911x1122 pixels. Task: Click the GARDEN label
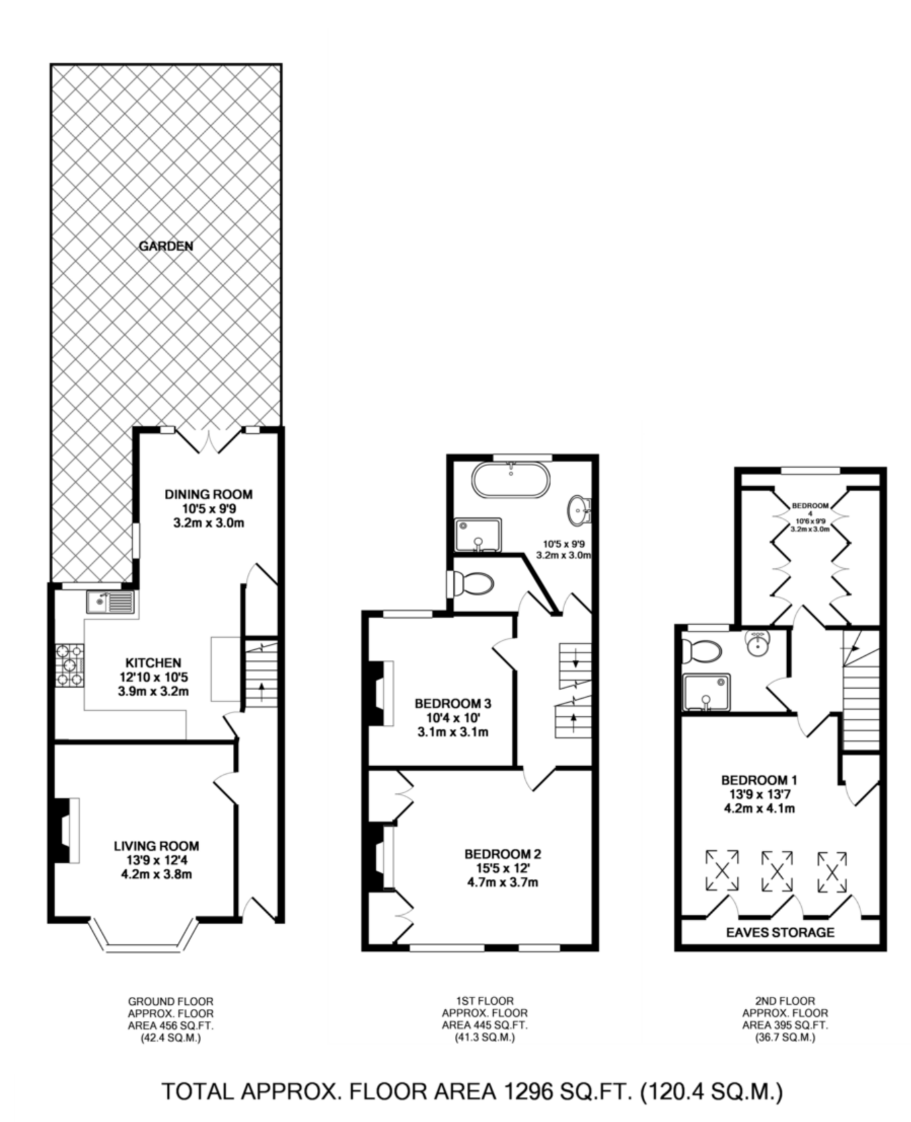[x=166, y=246]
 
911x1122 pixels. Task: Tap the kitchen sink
[x=110, y=601]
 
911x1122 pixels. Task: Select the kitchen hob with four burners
[x=70, y=665]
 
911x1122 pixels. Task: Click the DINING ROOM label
[x=209, y=494]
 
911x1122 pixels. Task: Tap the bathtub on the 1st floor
[x=511, y=480]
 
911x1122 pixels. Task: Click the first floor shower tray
[x=478, y=535]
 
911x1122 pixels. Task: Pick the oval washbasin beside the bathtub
[x=579, y=511]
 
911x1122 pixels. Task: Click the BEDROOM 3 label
[x=452, y=704]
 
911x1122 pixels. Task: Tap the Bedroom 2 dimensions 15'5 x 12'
[x=503, y=868]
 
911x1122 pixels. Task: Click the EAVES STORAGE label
[x=780, y=932]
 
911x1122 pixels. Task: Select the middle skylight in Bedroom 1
[x=776, y=872]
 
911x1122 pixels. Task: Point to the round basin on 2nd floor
[x=758, y=644]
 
